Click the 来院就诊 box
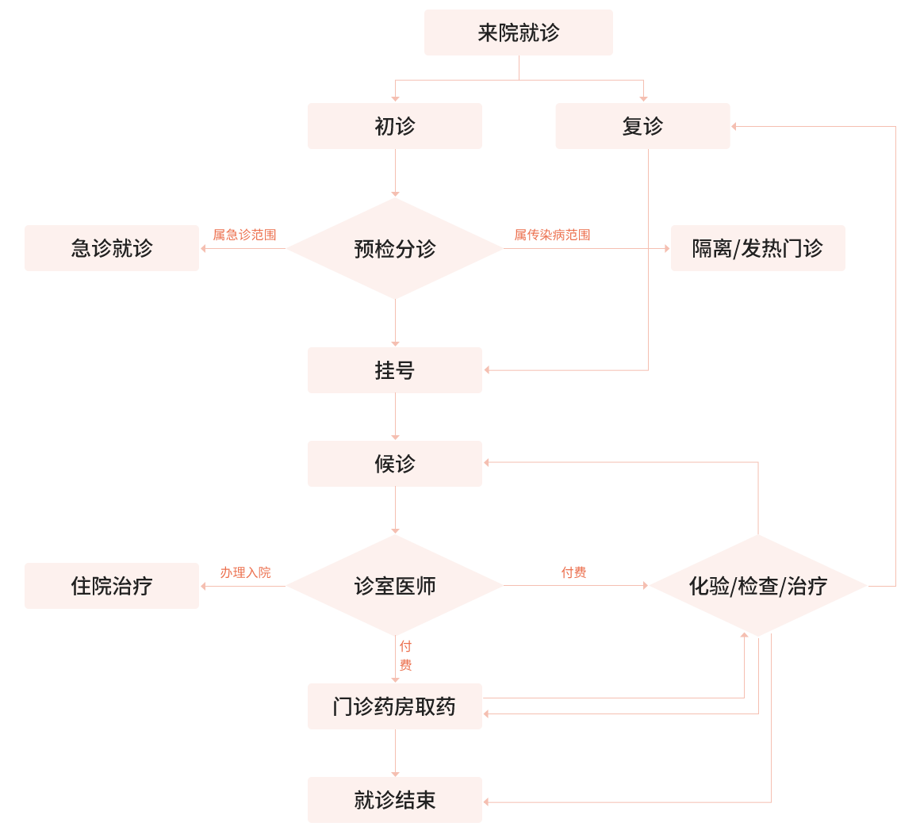pos(519,33)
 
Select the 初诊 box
pos(395,126)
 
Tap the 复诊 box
pos(642,126)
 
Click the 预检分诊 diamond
pos(395,249)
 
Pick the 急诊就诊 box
pos(112,248)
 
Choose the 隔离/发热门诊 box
pos(757,248)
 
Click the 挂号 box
pos(395,370)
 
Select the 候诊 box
pos(395,464)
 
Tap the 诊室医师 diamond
pos(395,586)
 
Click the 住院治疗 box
pos(112,586)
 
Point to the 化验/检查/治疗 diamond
pos(758,586)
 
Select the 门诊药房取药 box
pos(395,706)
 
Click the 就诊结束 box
pos(395,800)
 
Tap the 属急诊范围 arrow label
pos(244,235)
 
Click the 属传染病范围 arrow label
pos(552,235)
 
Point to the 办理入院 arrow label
pos(245,572)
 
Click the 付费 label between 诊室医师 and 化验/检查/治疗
pos(573,572)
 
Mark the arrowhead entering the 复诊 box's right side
pos(734,126)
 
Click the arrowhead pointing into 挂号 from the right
pos(487,370)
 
